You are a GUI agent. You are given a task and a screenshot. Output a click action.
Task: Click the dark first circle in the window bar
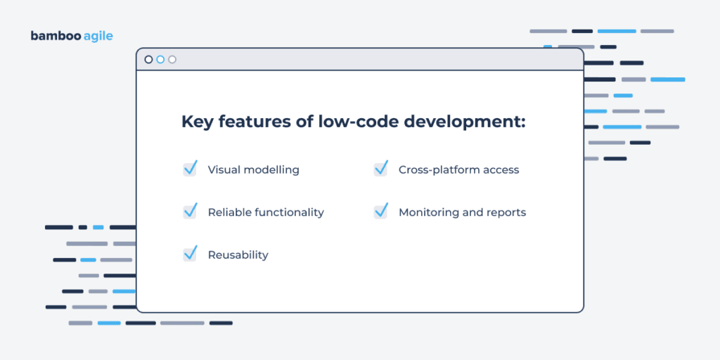click(148, 60)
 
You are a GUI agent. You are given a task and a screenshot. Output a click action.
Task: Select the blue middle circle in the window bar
click(160, 60)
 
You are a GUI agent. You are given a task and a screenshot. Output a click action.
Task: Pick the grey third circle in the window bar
click(172, 60)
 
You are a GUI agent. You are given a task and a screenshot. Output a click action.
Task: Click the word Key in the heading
click(198, 122)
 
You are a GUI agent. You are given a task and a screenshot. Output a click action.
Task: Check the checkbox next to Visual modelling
click(190, 169)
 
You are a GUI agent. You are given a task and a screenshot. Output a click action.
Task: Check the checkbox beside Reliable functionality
click(190, 211)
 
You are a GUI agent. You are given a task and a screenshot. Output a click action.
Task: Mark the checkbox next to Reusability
click(190, 254)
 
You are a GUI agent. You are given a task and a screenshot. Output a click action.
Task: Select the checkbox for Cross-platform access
click(380, 169)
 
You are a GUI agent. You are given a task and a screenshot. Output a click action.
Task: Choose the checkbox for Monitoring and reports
click(380, 211)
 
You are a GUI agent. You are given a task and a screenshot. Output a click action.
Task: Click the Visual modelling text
click(253, 169)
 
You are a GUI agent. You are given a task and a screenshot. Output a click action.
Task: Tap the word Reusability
click(238, 255)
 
